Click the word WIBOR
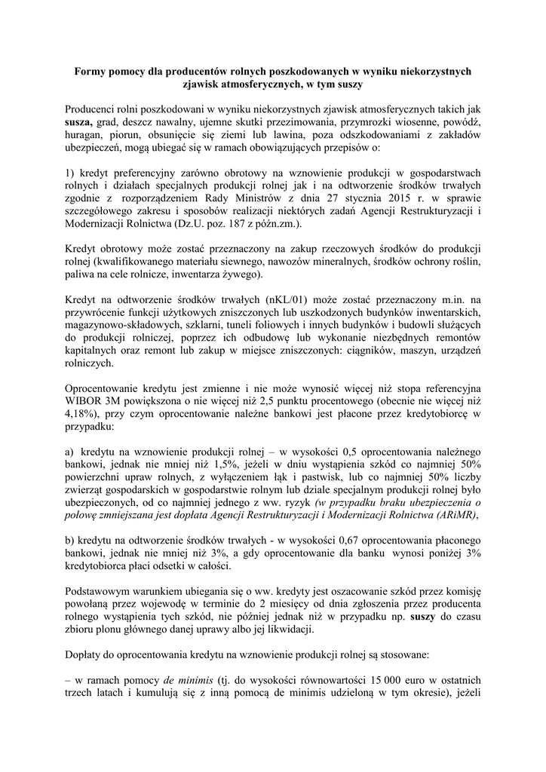[85, 402]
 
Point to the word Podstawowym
[101, 584]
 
